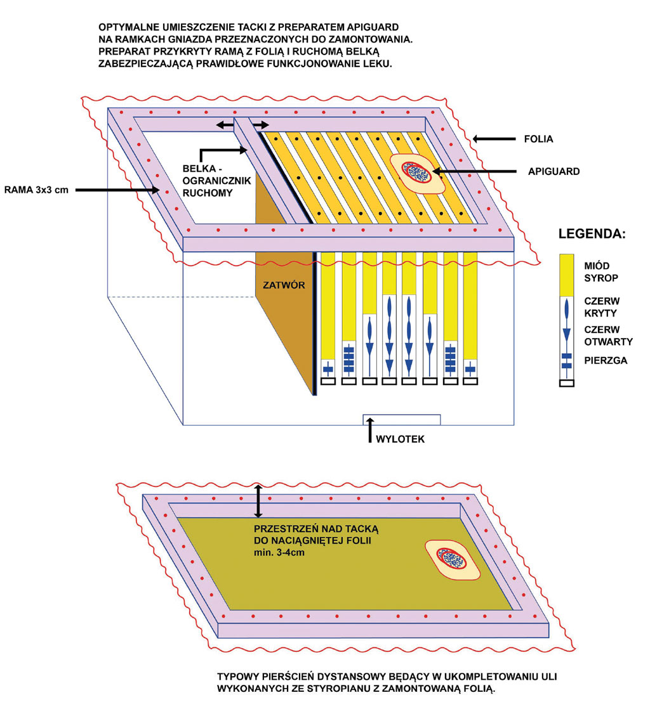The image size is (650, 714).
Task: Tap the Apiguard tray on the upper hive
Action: click(413, 171)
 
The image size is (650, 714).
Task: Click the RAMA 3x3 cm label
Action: click(36, 188)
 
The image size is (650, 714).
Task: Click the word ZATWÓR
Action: click(284, 285)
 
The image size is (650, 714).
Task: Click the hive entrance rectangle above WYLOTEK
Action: click(401, 419)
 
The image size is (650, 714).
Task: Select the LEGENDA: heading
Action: click(592, 234)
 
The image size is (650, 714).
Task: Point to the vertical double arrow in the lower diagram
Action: click(258, 502)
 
